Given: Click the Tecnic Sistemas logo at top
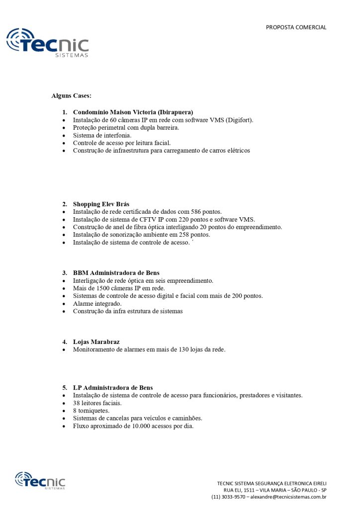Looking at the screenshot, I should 47,42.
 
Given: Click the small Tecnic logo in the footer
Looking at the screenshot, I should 40,481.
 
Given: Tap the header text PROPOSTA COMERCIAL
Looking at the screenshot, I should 296,27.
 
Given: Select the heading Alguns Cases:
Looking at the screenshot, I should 71,95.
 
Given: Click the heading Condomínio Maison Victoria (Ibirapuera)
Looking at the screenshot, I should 133,112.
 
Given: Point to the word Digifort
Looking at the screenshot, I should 239,120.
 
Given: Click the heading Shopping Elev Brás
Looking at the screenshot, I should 101,204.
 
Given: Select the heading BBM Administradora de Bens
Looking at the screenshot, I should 116,272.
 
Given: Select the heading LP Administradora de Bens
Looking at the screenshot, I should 113,387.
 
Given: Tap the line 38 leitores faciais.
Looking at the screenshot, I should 97,403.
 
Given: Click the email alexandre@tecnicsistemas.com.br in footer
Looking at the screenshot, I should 288,497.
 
